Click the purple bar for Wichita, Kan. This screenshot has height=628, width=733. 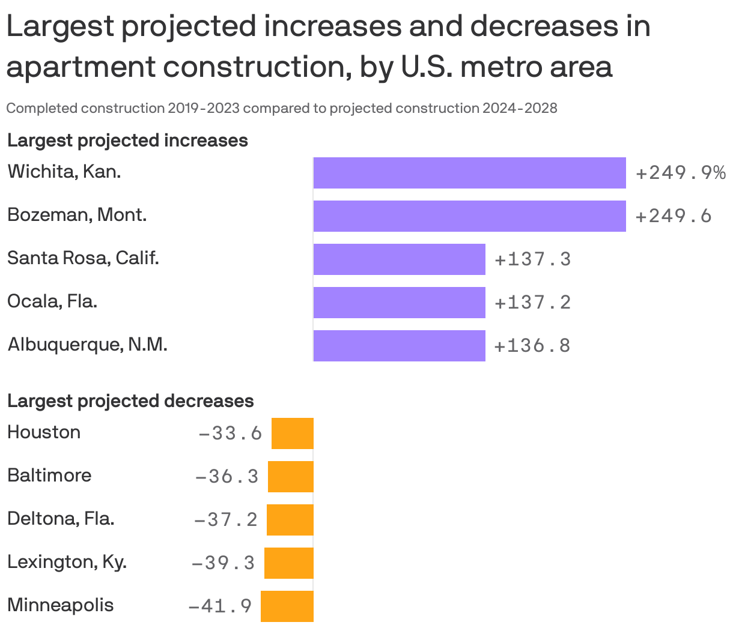tap(469, 173)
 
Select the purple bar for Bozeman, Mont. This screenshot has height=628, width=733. tap(469, 216)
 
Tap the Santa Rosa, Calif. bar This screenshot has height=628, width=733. tap(399, 259)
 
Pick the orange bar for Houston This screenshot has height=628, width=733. tap(293, 433)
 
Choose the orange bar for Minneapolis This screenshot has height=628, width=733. tap(287, 606)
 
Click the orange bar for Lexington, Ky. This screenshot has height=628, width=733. tap(289, 563)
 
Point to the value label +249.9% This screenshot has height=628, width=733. tap(680, 174)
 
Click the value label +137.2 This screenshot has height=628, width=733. tap(532, 303)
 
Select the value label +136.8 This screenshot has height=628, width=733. tap(532, 346)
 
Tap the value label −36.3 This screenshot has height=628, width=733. tap(227, 477)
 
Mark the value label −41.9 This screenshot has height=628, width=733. tap(221, 606)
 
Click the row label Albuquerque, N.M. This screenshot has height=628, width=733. tap(87, 345)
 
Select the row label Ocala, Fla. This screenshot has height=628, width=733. tap(52, 301)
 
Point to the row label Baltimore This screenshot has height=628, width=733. tap(49, 476)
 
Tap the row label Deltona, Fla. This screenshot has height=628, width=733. tap(61, 519)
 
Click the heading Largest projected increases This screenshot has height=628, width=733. tap(127, 140)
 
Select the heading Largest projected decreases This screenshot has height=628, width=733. tap(130, 401)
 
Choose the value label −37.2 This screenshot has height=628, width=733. tap(226, 520)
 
